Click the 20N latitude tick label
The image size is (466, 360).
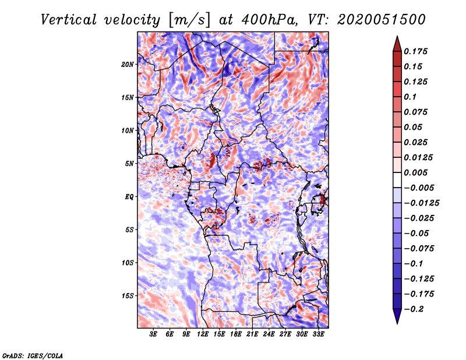(128, 65)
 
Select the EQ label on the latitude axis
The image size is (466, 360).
(129, 197)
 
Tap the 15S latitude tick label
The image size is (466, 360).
(128, 296)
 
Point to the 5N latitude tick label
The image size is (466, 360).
(129, 164)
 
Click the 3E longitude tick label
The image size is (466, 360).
(153, 334)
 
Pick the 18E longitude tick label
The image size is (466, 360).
(236, 334)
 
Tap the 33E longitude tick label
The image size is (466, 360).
(318, 334)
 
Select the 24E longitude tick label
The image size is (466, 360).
(269, 334)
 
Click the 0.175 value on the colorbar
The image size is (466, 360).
(415, 51)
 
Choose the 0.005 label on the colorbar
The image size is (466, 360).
(415, 172)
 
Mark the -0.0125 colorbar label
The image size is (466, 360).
(421, 203)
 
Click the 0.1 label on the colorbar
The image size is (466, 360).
(410, 97)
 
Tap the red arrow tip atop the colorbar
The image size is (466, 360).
(397, 37)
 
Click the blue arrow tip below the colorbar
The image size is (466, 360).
(397, 323)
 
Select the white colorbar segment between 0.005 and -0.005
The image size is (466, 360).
(397, 180)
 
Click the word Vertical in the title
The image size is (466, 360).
(69, 20)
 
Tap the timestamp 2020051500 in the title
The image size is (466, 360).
(382, 20)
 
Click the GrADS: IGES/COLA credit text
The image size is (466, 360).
(33, 355)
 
